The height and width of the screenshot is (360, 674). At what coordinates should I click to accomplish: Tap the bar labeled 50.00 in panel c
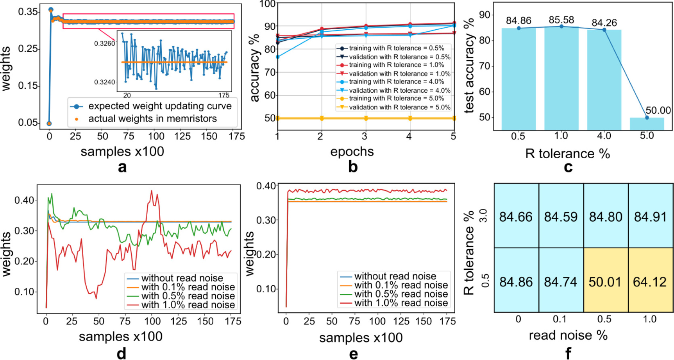click(647, 124)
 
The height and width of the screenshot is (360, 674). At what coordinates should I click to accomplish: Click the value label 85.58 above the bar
click(561, 20)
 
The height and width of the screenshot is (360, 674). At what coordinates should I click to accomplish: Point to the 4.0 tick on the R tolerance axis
click(604, 136)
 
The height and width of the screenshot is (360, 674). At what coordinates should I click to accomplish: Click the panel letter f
click(568, 353)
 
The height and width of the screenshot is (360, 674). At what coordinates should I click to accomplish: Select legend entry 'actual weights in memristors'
click(152, 119)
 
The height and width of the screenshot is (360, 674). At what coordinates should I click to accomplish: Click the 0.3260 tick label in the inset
click(104, 43)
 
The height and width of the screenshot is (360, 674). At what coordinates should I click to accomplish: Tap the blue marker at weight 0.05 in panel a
click(49, 124)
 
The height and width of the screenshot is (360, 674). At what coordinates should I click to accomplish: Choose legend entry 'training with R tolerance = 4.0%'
click(396, 82)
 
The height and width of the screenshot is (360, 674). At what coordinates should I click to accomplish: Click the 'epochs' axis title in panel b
click(352, 152)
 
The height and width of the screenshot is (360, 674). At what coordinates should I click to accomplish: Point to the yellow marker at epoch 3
click(366, 118)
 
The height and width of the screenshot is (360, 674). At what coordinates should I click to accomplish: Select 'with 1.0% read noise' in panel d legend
click(188, 305)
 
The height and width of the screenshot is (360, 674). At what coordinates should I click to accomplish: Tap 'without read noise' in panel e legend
click(395, 276)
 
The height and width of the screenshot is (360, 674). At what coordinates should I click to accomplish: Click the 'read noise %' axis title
click(568, 335)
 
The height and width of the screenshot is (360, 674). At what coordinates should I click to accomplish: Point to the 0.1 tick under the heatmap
click(560, 319)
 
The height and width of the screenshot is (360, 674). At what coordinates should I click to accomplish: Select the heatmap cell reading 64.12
click(650, 281)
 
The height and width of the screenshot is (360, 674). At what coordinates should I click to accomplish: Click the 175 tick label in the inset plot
click(223, 95)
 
